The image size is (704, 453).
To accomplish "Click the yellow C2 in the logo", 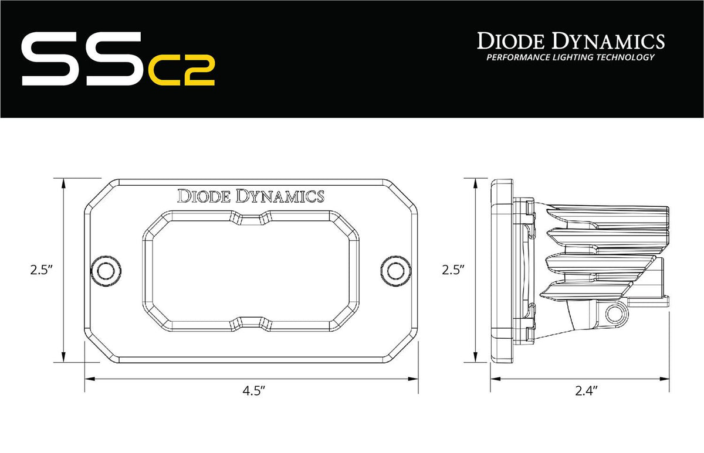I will pos(181,70).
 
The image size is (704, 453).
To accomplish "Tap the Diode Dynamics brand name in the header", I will pos(570,41).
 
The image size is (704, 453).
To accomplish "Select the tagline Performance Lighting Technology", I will pos(570,57).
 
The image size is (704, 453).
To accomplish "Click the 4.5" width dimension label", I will pos(251,391).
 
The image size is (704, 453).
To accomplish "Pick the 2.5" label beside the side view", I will pos(454,270).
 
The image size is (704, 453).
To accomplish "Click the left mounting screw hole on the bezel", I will pos(106,270).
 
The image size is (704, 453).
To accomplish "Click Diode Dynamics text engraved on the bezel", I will pos(251,196).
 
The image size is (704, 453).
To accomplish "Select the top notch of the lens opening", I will pos(251,219).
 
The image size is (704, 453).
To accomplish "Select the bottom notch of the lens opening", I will pos(251,321).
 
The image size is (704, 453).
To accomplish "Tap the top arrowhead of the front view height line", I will pos(63,181).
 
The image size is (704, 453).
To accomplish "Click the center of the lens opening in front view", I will pos(251,270).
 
